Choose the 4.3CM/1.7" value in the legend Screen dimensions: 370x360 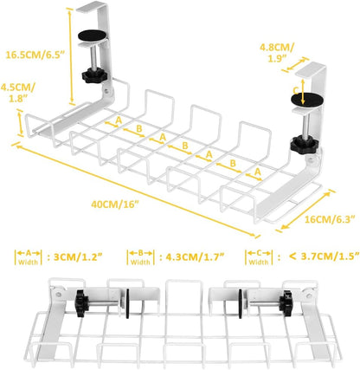tap(190, 256)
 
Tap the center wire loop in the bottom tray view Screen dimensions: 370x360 tap(180, 295)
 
